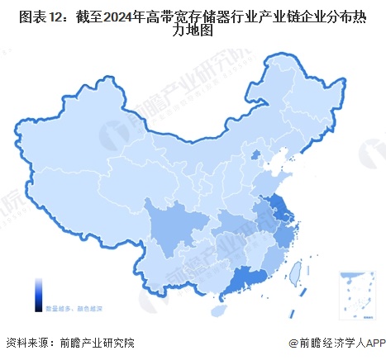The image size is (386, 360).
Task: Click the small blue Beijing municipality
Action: [x=255, y=154]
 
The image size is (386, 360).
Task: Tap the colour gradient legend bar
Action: [x=38, y=294]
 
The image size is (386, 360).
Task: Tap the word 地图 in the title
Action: [x=199, y=31]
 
